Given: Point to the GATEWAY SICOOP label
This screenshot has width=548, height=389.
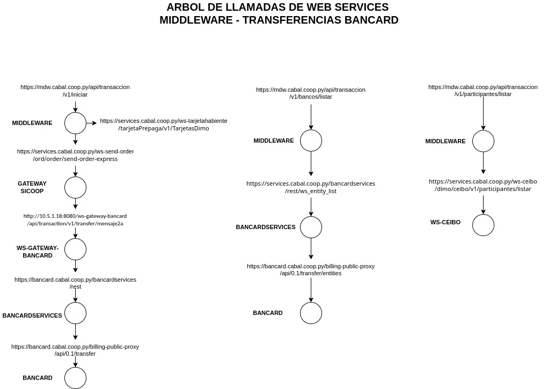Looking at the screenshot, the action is [32, 187].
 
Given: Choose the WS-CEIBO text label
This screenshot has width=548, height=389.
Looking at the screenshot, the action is [445, 222].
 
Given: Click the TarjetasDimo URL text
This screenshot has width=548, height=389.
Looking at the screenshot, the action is [164, 124].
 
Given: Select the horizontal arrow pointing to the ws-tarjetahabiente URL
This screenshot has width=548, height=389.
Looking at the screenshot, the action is [92, 123].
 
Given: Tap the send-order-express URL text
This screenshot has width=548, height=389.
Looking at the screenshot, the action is [76, 155].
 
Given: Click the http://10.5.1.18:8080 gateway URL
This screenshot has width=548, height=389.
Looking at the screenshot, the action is [75, 220].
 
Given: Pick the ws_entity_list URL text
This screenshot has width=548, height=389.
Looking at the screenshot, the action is [311, 187].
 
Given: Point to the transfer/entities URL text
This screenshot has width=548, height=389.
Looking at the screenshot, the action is [311, 270].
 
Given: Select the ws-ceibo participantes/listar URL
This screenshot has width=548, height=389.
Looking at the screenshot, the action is [483, 185].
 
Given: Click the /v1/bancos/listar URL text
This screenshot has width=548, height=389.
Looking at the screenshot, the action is [311, 93].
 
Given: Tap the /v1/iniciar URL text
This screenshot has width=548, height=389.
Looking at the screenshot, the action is [75, 91].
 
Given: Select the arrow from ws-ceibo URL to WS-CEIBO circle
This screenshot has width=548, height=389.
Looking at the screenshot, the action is [484, 205].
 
